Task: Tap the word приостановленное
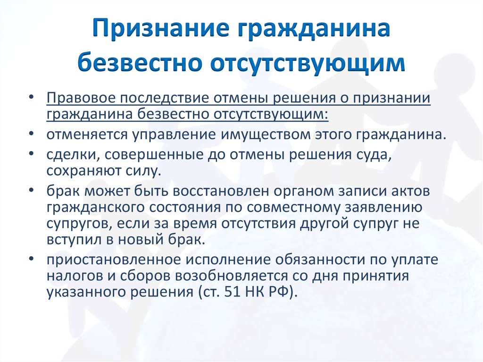coord(114,260)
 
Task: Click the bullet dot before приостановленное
coord(31,258)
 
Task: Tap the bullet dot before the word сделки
coord(31,153)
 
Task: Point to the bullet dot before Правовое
coord(31,97)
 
